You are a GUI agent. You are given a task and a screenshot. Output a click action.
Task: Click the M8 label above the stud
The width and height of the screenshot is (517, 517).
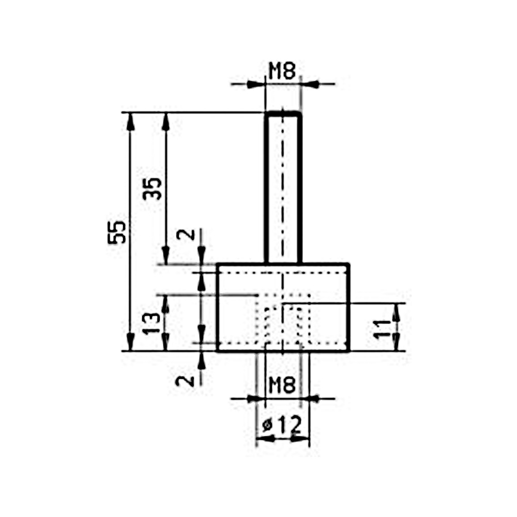click(x=282, y=71)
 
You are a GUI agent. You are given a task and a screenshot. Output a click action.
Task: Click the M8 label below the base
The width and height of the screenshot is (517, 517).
click(x=282, y=385)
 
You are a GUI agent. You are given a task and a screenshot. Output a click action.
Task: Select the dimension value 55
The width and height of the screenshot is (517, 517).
click(x=117, y=232)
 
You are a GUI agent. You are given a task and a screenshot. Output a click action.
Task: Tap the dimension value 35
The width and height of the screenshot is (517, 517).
click(x=153, y=189)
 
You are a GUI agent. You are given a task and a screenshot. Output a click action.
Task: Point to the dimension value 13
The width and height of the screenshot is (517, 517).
click(x=152, y=324)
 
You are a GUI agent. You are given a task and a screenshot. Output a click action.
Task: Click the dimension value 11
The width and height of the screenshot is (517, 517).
click(x=382, y=329)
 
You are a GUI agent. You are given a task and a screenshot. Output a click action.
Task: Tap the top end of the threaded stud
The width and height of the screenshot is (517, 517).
click(x=283, y=114)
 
